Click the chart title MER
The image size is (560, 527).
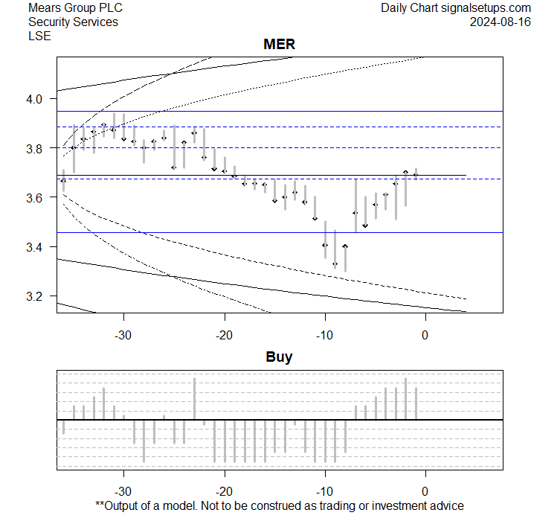279,45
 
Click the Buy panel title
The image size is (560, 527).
279,357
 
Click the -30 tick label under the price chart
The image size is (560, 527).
123,335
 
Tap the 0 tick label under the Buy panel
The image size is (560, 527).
425,491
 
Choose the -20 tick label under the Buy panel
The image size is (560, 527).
224,491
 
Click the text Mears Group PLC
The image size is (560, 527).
75,8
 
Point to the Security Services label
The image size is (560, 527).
73,22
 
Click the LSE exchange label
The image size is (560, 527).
39,36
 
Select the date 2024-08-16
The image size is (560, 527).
501,22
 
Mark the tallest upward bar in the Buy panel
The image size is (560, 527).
405,398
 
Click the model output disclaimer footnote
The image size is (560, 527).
279,506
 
